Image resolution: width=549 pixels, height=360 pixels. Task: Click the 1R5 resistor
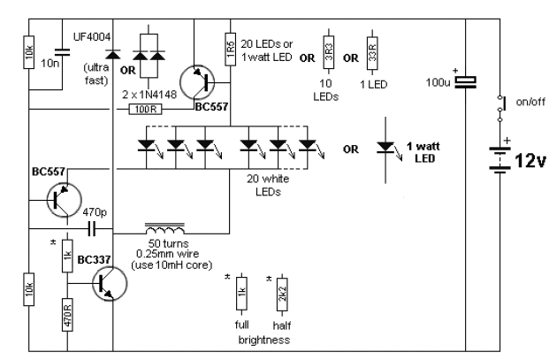tap(229, 52)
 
